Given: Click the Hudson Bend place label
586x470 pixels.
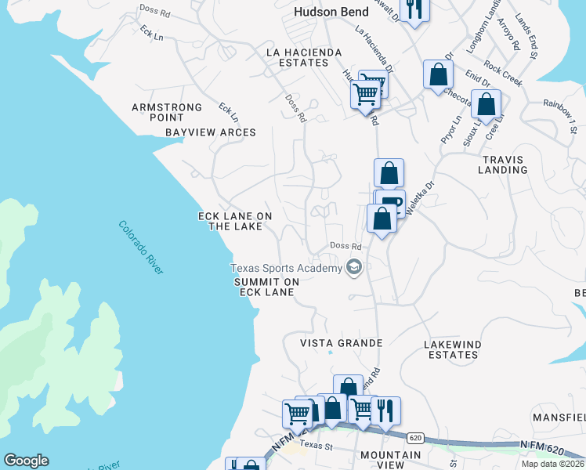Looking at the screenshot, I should pos(331,12).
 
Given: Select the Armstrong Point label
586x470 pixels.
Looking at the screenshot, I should pos(167,112).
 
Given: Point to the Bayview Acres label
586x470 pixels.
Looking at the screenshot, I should pos(211,132).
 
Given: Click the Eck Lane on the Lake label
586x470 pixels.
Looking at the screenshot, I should pos(235,222).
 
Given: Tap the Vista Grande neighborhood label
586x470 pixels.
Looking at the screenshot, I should pos(342,343).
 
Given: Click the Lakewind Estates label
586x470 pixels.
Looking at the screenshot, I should pos(450,349).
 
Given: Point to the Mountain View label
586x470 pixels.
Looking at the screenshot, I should pos(391,460).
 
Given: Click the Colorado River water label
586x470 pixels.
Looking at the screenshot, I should pos(142,247).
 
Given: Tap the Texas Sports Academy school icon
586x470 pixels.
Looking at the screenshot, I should pos(354,269).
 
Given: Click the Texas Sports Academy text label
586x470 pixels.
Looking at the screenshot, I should pos(286,269).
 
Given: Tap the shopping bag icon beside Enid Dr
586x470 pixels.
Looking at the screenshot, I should pos(438,74).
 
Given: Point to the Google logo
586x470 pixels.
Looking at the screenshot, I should pos(26,461).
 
